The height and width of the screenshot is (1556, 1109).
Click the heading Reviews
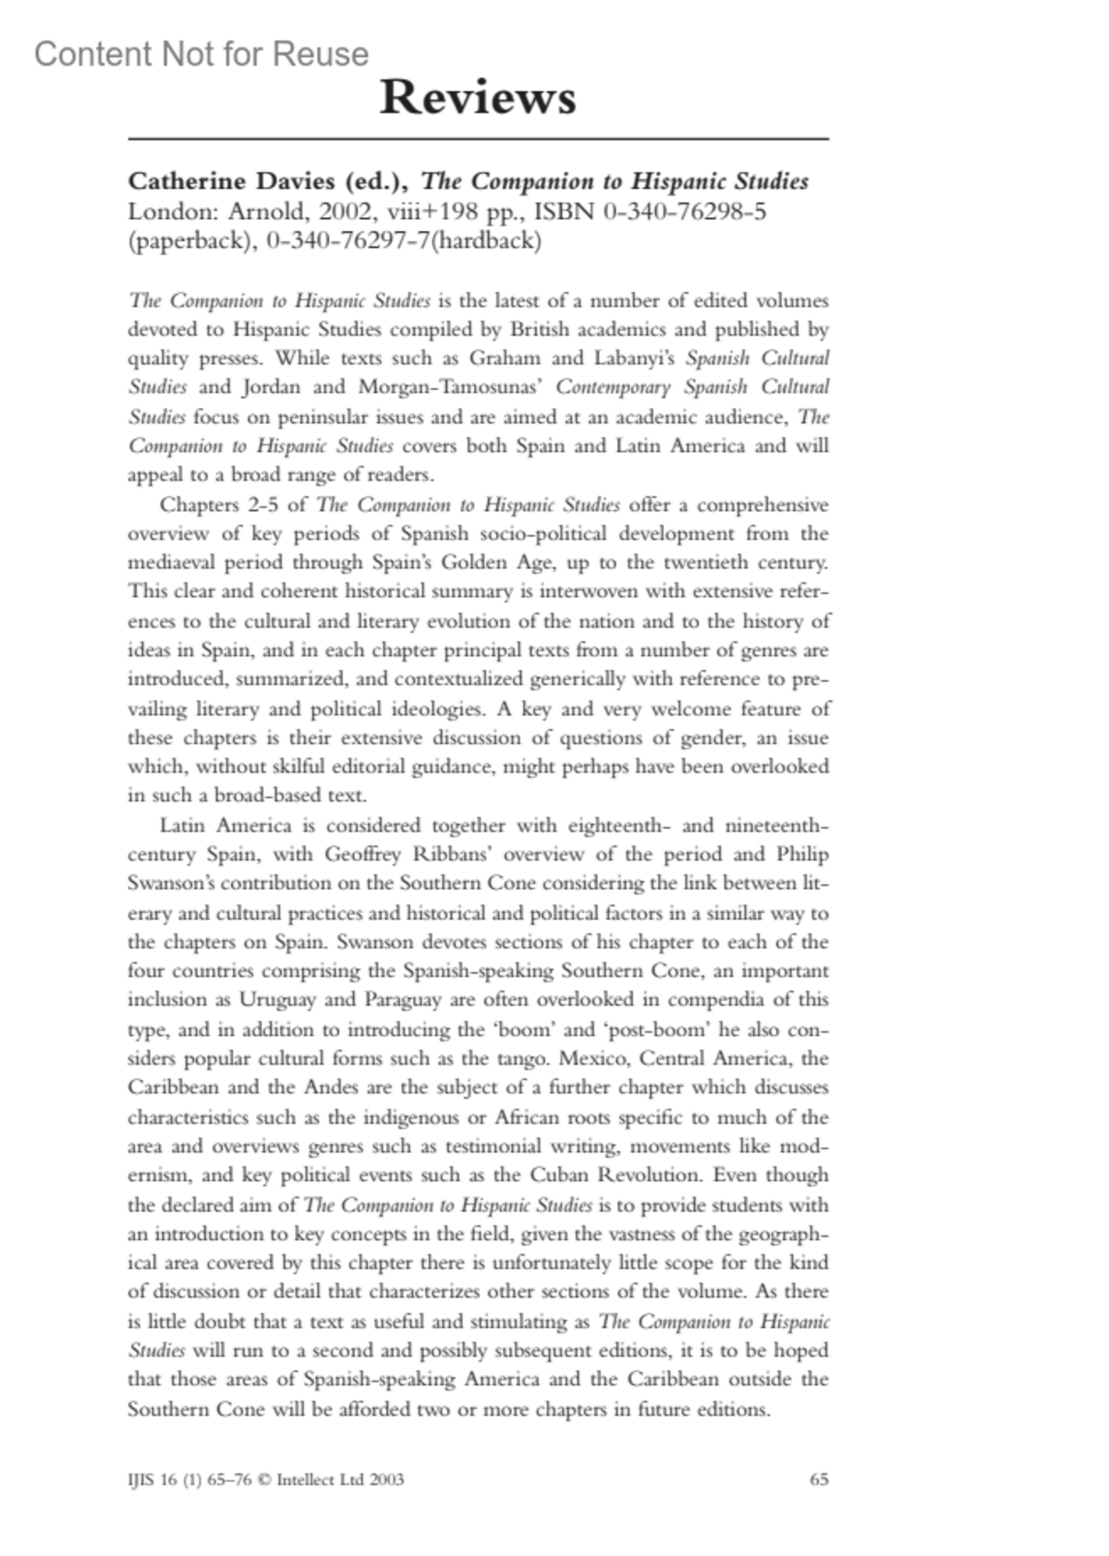point(477,97)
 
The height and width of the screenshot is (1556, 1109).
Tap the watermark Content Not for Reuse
point(201,55)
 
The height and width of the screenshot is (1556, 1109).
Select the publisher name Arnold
point(265,212)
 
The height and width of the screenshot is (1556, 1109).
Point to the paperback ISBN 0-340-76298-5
point(685,212)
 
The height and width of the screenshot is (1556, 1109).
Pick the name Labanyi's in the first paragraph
point(635,359)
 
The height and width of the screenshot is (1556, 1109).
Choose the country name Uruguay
point(277,1000)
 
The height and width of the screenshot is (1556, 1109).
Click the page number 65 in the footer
point(819,1479)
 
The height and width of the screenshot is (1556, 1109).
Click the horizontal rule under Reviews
point(478,140)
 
